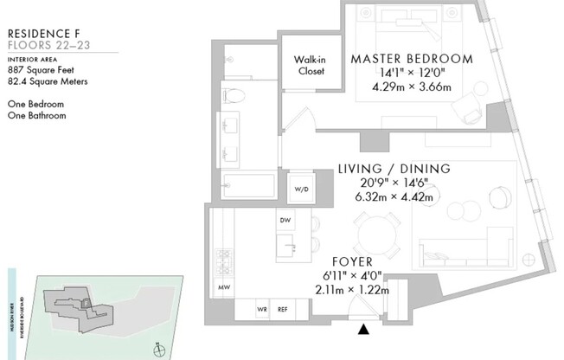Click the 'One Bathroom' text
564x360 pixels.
(x=36, y=115)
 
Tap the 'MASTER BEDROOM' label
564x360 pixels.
(x=411, y=59)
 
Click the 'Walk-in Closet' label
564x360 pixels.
(x=309, y=65)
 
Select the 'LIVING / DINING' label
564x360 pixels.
(x=394, y=169)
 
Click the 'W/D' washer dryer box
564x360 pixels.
(x=302, y=188)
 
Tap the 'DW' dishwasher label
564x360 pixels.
(x=285, y=221)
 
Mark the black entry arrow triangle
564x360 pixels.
(x=364, y=329)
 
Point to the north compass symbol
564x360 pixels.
(x=158, y=349)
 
